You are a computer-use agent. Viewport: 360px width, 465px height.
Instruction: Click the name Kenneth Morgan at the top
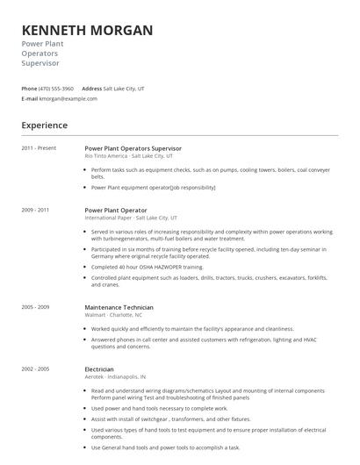point(87,31)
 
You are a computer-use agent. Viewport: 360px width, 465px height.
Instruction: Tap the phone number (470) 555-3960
point(57,89)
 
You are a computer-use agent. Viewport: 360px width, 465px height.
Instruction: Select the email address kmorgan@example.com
point(68,98)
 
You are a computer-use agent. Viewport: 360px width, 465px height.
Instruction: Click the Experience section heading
point(45,125)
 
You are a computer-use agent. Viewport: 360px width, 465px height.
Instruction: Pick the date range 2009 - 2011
point(35,211)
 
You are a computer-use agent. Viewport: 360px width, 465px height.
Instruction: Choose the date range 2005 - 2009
point(35,307)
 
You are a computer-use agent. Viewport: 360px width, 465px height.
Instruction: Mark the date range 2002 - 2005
point(35,369)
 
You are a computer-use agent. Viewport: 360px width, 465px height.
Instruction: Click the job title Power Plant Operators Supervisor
point(133,148)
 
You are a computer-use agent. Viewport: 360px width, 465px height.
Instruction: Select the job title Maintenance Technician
point(119,307)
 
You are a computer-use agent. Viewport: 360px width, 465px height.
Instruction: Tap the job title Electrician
point(98,369)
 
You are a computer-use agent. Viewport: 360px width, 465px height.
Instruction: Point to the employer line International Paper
point(131,218)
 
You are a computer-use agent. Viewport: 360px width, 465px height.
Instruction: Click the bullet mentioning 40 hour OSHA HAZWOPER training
point(147,266)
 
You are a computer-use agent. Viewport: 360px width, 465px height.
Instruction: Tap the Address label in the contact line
point(91,89)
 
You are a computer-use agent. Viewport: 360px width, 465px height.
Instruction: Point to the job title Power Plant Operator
point(116,211)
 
